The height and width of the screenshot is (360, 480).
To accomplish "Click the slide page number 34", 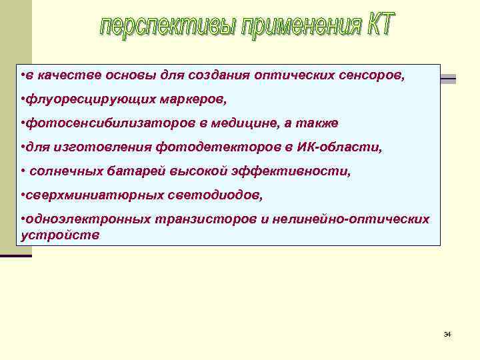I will click(447, 333).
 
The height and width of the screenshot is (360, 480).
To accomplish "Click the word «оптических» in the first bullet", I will click(304, 75).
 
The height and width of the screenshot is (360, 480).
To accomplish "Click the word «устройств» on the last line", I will click(61, 235).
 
